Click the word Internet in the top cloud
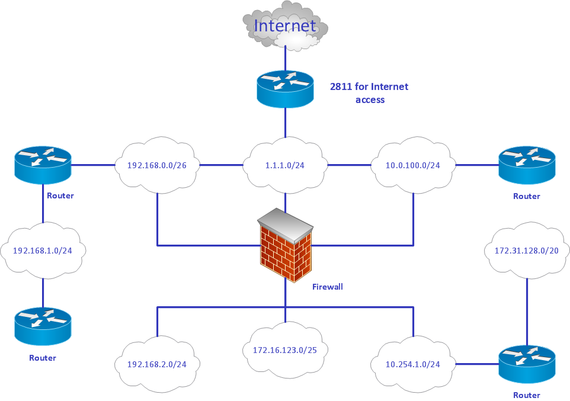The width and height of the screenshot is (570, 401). (285, 26)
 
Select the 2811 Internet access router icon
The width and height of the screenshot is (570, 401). (285, 89)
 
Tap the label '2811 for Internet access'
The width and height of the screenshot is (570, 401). (369, 93)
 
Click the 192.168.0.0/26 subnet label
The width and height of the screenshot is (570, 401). (157, 165)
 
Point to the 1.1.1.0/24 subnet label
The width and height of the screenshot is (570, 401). (285, 165)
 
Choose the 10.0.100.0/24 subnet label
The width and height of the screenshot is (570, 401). (413, 165)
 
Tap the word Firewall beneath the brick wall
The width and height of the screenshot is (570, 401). (327, 287)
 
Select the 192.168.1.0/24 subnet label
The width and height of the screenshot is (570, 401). (43, 251)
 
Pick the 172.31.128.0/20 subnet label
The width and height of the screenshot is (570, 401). (527, 251)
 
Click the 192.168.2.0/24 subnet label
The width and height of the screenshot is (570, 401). (157, 364)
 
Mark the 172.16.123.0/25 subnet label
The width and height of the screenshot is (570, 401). (285, 350)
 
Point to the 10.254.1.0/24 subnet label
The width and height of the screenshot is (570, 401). (413, 364)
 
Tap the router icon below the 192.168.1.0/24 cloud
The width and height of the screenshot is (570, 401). (43, 326)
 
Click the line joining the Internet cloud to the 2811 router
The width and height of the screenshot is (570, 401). (285, 59)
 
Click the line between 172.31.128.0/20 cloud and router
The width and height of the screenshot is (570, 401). (527, 311)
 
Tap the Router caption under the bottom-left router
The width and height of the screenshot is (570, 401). (43, 358)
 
